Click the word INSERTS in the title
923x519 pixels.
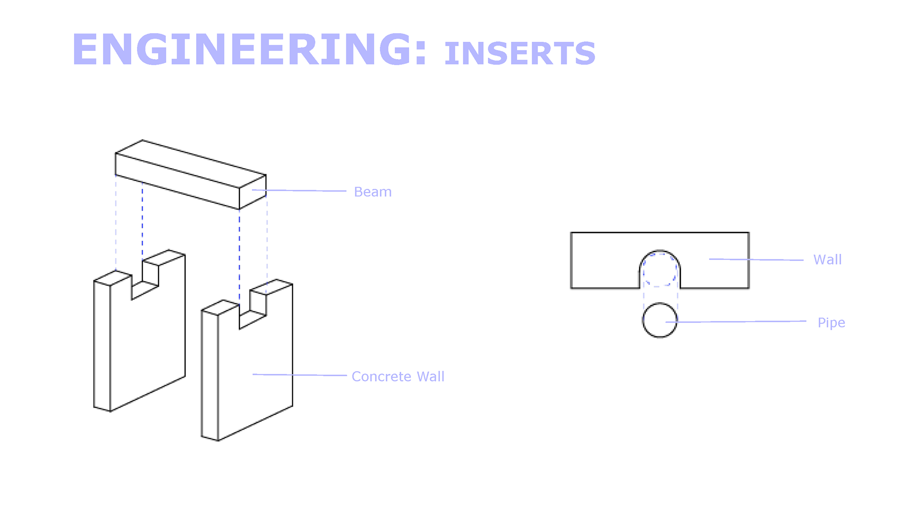pyautogui.click(x=520, y=53)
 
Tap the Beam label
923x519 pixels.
pyautogui.click(x=373, y=192)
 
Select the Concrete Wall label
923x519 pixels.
pyautogui.click(x=398, y=376)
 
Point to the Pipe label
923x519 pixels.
pyautogui.click(x=831, y=322)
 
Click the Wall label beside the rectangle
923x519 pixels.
pyautogui.click(x=827, y=259)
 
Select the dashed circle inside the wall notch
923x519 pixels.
pyautogui.click(x=660, y=270)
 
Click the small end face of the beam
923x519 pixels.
pyautogui.click(x=253, y=192)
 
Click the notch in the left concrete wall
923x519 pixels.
pyautogui.click(x=145, y=284)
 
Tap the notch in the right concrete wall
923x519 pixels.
pyautogui.click(x=252, y=313)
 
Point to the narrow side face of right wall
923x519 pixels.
pyautogui.click(x=210, y=375)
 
